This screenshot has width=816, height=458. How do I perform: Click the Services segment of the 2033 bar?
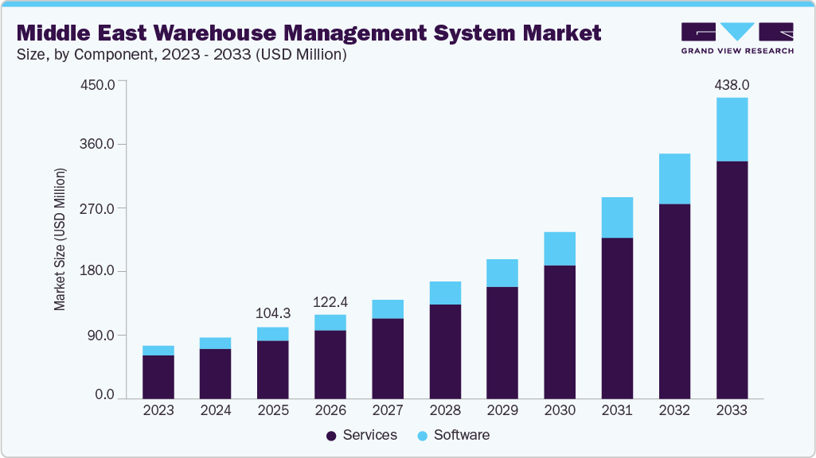coord(732,278)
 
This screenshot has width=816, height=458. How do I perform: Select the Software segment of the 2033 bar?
coord(732,130)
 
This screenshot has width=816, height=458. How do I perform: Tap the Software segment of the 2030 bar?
coord(560,248)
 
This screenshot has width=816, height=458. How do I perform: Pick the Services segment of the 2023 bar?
coord(158,376)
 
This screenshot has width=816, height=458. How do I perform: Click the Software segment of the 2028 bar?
coord(445,293)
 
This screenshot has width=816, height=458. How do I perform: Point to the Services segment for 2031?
coord(617,317)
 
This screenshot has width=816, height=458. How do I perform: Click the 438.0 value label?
coord(732,84)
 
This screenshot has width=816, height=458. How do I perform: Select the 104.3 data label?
coord(273,313)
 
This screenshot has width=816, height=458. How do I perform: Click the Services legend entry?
coord(361,435)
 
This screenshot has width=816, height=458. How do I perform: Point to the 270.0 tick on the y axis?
coord(99,208)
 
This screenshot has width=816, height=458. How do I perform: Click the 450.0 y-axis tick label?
coord(99,83)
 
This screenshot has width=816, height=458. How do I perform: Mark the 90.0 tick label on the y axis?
coord(102,335)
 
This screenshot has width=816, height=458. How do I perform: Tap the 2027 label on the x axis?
coord(388,410)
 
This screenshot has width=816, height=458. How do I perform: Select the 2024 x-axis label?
coord(216,410)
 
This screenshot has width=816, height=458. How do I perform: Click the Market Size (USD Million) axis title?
coord(60,239)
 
